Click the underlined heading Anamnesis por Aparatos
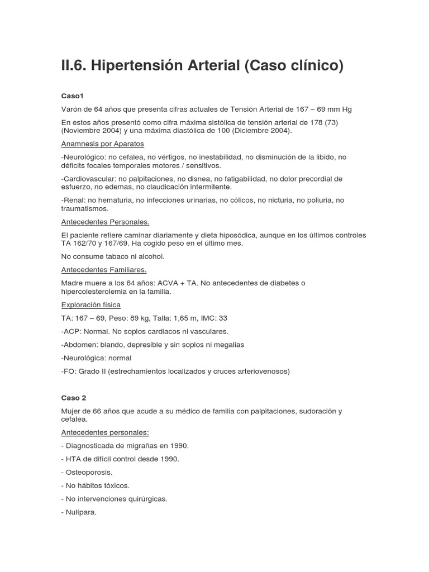(x=102, y=144)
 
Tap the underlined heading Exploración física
(x=90, y=305)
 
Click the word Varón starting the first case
(x=73, y=109)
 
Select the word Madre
(x=73, y=283)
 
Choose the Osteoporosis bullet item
(x=89, y=472)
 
